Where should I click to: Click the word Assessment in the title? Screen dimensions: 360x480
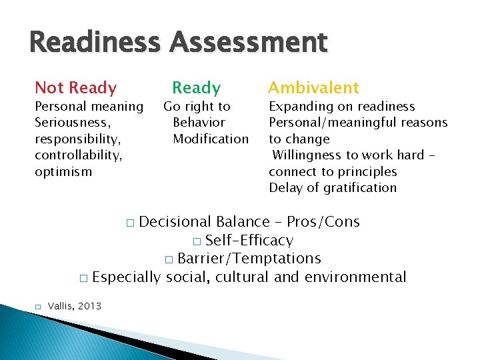(x=248, y=44)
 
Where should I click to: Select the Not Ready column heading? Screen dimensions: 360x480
(x=75, y=87)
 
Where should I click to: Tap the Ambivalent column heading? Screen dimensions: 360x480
(x=313, y=87)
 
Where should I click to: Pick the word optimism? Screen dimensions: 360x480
(x=63, y=171)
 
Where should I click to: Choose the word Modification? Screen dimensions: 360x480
(x=210, y=139)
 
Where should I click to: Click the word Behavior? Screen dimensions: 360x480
(x=199, y=123)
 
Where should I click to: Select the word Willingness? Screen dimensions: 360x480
(x=305, y=155)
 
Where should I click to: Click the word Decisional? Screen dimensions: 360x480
(x=177, y=222)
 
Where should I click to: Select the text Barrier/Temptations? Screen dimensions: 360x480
(x=249, y=259)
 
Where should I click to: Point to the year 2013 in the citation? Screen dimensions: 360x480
(x=89, y=306)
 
